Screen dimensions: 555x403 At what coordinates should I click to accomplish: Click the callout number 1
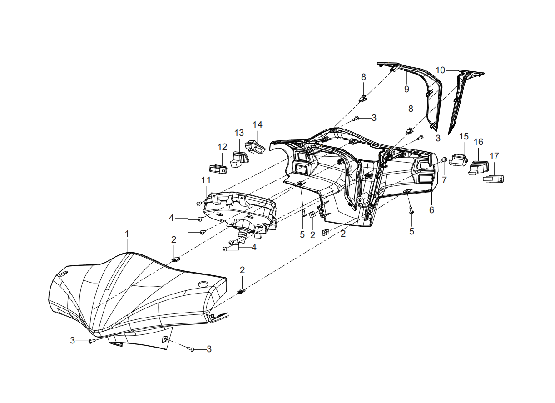pos(127,234)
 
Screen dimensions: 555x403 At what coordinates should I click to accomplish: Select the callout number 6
pos(431,210)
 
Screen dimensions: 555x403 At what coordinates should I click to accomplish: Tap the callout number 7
pos(444,180)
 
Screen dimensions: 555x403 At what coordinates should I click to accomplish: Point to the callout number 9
pos(406,89)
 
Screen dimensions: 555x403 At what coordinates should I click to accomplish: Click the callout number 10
pos(441,70)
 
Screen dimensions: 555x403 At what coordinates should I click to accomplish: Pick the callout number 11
pos(206,180)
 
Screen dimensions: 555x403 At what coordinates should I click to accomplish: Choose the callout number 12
pos(222,147)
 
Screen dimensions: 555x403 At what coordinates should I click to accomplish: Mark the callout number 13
pos(239,133)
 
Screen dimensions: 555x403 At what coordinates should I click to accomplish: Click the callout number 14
pos(258,124)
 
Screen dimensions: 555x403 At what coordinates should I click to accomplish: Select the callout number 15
pos(464,136)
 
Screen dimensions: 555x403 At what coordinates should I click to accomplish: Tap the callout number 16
pos(478,142)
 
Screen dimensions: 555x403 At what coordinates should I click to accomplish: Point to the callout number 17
pos(494,156)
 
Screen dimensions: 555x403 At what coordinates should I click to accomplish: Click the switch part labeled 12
pos(218,169)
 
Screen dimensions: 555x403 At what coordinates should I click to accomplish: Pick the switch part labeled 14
pos(255,148)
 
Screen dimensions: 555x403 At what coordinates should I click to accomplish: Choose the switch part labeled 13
pos(240,159)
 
